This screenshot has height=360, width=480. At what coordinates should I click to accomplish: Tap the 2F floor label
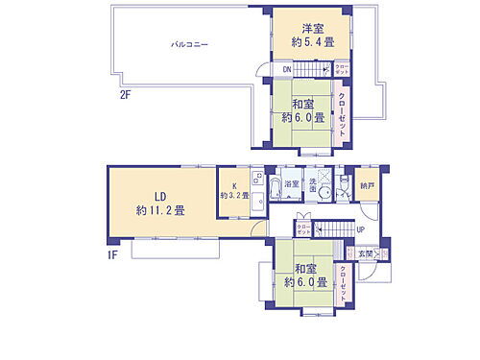click(125, 95)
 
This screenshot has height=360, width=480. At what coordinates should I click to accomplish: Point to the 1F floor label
click(113, 254)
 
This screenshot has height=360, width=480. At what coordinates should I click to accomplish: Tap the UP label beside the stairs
click(360, 229)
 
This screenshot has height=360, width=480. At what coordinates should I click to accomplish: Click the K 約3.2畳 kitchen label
click(233, 190)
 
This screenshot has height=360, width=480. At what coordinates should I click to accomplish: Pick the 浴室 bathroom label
click(291, 183)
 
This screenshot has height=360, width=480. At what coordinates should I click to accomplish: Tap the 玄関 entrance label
click(366, 253)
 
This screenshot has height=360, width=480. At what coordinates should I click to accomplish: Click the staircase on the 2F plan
click(312, 69)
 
